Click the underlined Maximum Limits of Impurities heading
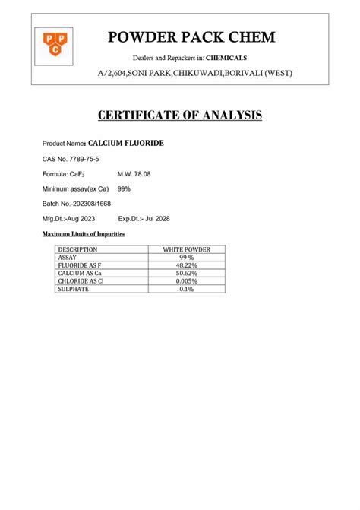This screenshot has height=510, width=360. [84, 233]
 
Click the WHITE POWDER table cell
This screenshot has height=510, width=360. [187, 249]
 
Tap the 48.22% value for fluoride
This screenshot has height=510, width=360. [187, 265]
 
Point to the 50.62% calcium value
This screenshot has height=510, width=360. [187, 273]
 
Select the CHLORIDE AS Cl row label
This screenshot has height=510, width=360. [81, 280]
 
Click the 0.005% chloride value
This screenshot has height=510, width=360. [187, 280]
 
